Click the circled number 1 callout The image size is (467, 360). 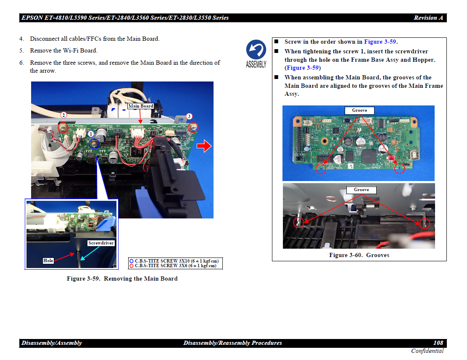tap(91, 134)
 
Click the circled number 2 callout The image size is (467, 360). tap(63, 115)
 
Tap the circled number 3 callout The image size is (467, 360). tap(189, 116)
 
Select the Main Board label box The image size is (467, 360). tap(140, 106)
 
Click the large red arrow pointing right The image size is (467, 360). tap(204, 146)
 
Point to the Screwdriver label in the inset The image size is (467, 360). tap(101, 243)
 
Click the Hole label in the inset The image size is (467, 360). tap(48, 260)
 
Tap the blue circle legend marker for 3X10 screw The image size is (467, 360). tap(131, 261)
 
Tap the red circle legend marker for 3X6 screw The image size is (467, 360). tap(131, 265)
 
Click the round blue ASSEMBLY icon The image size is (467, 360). tap(256, 50)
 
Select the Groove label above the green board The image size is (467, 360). tap(359, 110)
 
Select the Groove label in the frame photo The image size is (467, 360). tap(361, 190)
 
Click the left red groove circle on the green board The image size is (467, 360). tap(321, 168)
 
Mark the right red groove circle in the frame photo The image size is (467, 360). tap(425, 223)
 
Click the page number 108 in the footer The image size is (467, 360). tap(438, 343)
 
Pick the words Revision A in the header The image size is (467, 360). tap(428, 18)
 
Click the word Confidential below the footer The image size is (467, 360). tap(427, 351)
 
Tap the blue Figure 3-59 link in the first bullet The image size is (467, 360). tap(380, 42)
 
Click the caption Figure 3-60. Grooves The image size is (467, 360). tap(359, 255)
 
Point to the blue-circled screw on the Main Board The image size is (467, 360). tap(95, 145)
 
